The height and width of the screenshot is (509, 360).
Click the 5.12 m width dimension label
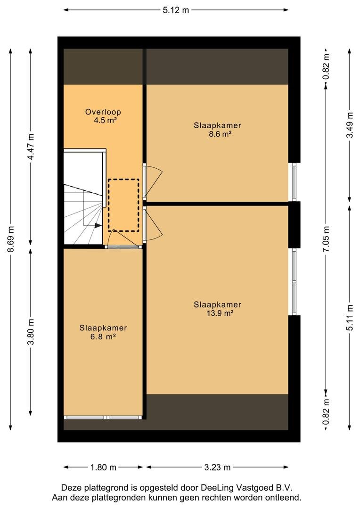pyautogui.click(x=176, y=10)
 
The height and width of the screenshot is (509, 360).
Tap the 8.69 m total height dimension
pyautogui.click(x=11, y=239)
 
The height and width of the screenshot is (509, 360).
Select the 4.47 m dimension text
pyautogui.click(x=31, y=147)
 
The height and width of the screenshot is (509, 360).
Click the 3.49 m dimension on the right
pyautogui.click(x=350, y=125)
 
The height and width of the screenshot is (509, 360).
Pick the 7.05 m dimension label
pyautogui.click(x=326, y=239)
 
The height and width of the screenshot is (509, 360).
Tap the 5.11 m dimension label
pyautogui.click(x=350, y=318)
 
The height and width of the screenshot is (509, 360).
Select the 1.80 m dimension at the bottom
pyautogui.click(x=103, y=468)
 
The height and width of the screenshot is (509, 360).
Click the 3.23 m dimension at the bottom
pyautogui.click(x=217, y=468)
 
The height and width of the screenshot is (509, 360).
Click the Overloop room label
pyautogui.click(x=103, y=112)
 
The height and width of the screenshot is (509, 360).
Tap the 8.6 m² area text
pyautogui.click(x=220, y=134)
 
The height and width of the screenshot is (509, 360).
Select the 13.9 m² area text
pyautogui.click(x=220, y=313)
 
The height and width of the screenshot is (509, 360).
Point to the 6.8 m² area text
pyautogui.click(x=103, y=337)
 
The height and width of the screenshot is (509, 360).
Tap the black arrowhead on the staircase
pyautogui.click(x=98, y=225)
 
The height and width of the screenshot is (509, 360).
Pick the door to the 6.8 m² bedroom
pyautogui.click(x=123, y=239)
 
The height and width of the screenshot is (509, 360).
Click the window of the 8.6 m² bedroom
pyautogui.click(x=294, y=182)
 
